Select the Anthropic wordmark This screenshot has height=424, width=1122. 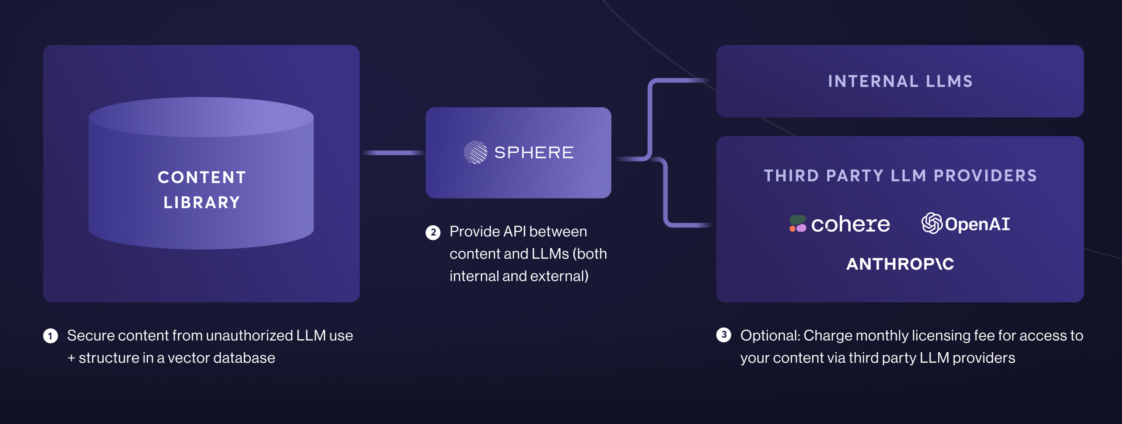pos(900,264)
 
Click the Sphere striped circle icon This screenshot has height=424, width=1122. pos(475,153)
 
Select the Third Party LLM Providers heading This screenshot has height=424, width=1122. pos(900,176)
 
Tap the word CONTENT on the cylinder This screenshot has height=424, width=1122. pos(202,177)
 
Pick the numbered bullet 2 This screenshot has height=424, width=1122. pos(433,232)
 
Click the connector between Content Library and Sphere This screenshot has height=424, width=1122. pos(393,153)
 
